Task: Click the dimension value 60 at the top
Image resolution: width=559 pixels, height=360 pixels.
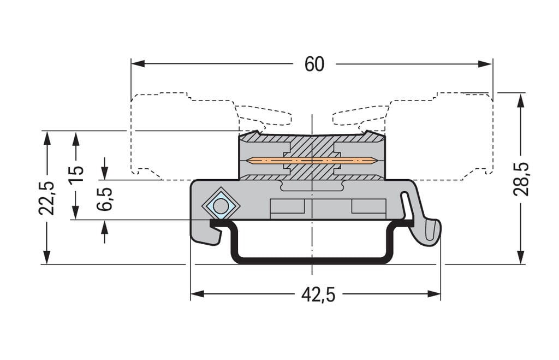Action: [x=314, y=64]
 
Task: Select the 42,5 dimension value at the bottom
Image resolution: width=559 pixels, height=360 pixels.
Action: [x=318, y=294]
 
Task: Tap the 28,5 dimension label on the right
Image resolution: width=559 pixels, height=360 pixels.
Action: [x=521, y=179]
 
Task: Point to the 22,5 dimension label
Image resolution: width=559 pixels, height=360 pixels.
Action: [x=47, y=197]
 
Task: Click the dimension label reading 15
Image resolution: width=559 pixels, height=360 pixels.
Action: [x=76, y=174]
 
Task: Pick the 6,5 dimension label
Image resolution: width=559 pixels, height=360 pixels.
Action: [x=104, y=199]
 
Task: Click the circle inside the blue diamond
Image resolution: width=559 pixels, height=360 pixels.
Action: [x=221, y=206]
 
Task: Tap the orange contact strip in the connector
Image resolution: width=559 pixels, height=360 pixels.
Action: [x=311, y=160]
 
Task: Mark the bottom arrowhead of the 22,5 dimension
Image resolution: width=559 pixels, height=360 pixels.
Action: [x=47, y=257]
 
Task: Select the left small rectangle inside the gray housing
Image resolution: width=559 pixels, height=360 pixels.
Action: [x=287, y=206]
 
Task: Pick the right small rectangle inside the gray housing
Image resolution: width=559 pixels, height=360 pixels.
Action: [x=368, y=206]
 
